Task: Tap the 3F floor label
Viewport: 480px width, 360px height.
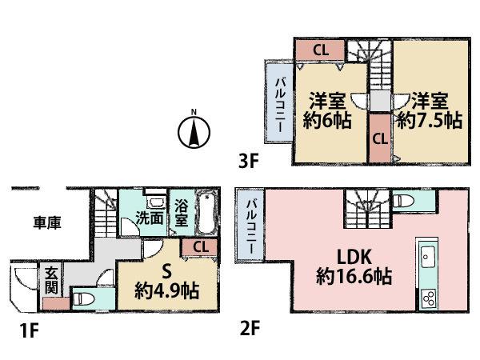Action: pos(248,161)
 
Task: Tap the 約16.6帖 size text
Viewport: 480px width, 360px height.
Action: pos(352,278)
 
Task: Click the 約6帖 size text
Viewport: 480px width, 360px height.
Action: pos(326,121)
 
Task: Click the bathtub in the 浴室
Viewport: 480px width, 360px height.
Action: pos(208,211)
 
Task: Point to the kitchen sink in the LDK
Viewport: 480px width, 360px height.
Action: pos(426,258)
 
